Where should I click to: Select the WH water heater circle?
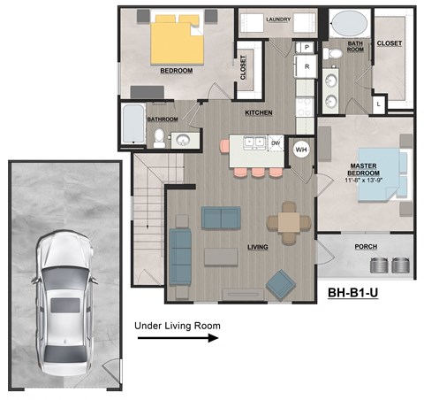click(300, 150)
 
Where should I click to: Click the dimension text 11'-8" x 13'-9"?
click(363, 181)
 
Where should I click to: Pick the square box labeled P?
click(307, 47)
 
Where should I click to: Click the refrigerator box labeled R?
click(307, 66)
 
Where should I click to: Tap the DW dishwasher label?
click(276, 142)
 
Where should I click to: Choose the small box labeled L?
click(378, 104)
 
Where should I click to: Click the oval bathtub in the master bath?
click(345, 22)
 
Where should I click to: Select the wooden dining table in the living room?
click(289, 222)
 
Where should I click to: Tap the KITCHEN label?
click(258, 113)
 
